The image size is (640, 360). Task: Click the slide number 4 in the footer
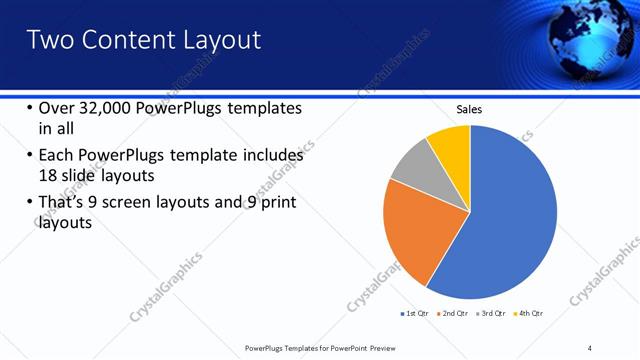click(x=590, y=347)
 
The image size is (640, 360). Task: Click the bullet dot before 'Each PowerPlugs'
click(x=29, y=156)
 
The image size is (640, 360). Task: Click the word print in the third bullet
click(x=276, y=204)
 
